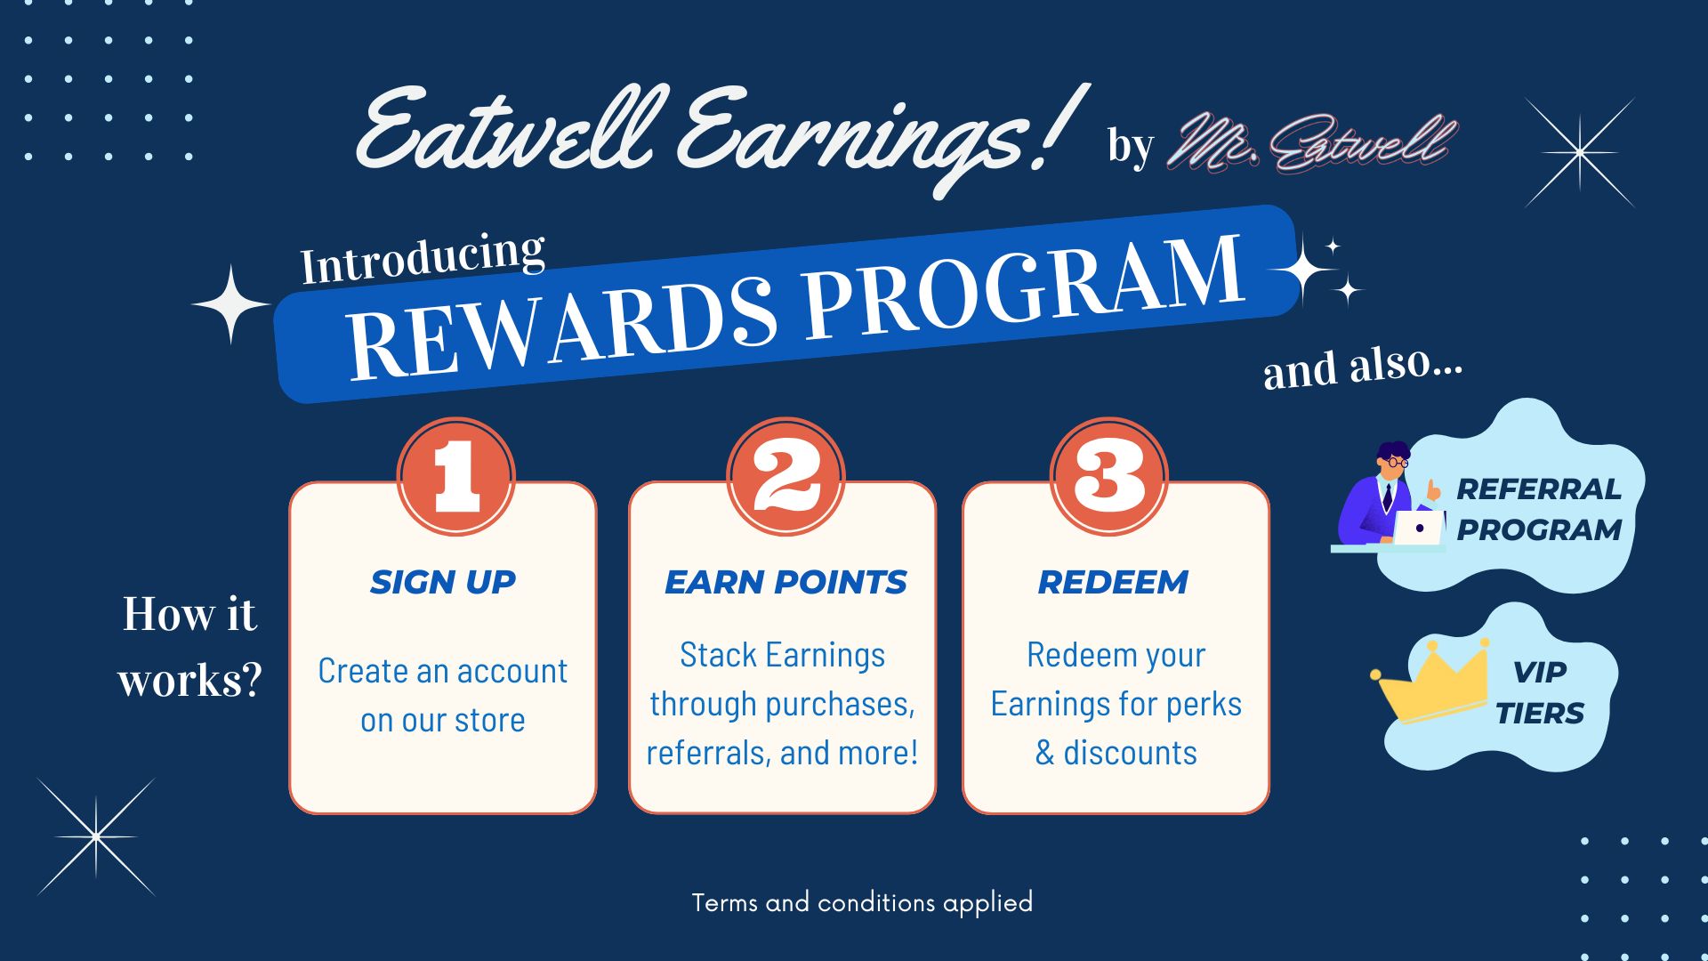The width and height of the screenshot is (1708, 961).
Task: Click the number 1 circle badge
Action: coord(456,476)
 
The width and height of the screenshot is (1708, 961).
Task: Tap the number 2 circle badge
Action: coord(786,476)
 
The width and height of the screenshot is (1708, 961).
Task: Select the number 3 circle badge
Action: coord(1109,476)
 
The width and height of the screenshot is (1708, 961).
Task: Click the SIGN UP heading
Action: coord(443,582)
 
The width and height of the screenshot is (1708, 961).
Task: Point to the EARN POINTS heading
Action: coord(786,582)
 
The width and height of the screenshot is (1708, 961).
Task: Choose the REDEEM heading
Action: coord(1113,582)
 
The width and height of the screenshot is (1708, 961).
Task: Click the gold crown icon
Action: coord(1430,681)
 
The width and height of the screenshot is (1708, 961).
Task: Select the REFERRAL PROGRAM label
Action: coord(1539,509)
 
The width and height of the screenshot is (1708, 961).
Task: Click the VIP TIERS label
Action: coord(1540,692)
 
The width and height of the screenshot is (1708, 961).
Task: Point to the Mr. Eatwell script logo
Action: coord(1312,142)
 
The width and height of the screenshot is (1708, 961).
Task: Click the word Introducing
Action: coord(423,259)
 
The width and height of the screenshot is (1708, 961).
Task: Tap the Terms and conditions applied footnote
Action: coord(862,902)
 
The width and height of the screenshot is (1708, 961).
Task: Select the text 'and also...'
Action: coord(1363,366)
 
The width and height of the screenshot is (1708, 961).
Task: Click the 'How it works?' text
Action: coord(189,647)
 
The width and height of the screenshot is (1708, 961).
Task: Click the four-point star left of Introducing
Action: coord(231,304)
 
